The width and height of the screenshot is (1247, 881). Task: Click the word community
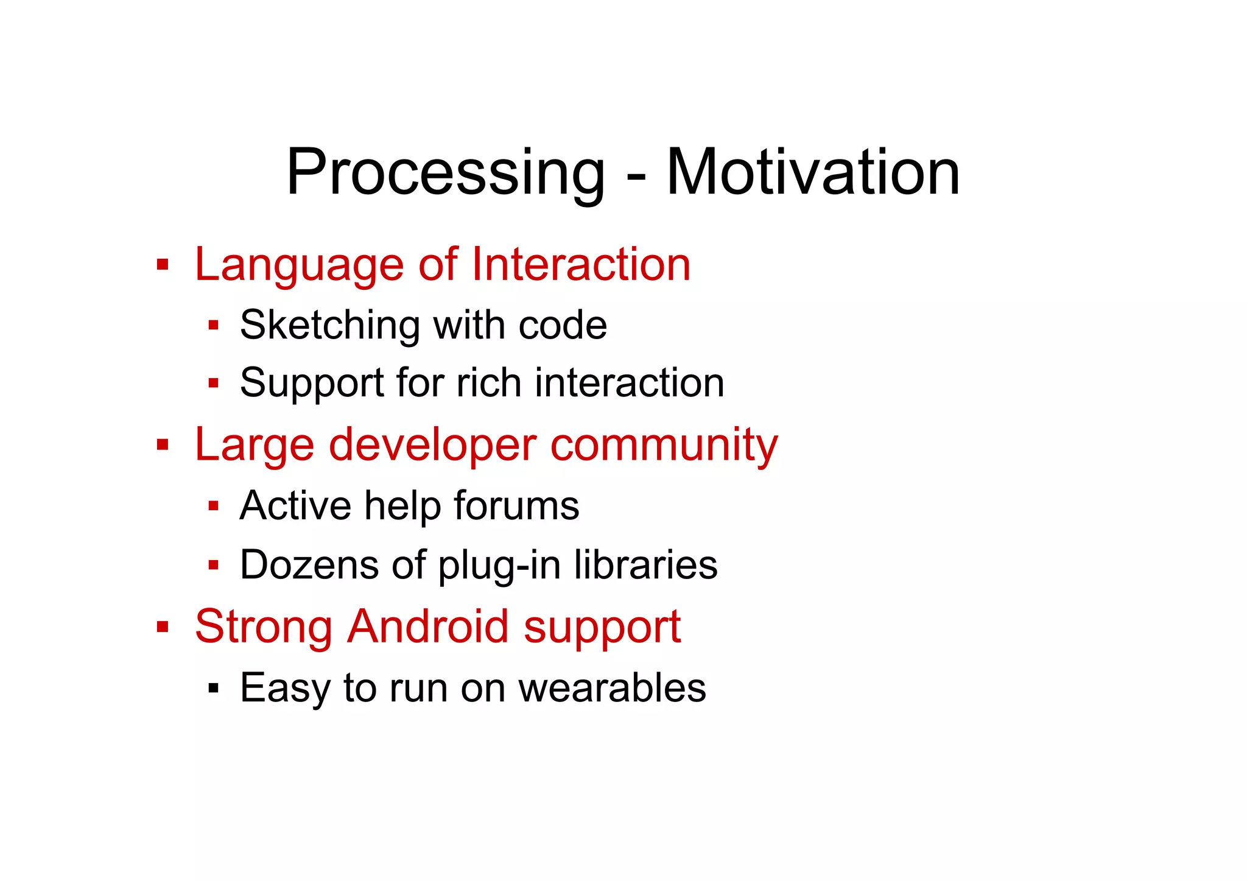[x=664, y=446]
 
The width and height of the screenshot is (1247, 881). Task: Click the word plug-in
[x=499, y=566]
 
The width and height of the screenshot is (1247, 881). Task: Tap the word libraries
[x=645, y=564]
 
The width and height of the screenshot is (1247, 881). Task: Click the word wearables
[x=612, y=688]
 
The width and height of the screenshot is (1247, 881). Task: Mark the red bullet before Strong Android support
[x=162, y=627]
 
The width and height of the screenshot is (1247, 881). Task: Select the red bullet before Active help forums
[x=213, y=506]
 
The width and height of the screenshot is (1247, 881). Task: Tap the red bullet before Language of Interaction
[x=162, y=265]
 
